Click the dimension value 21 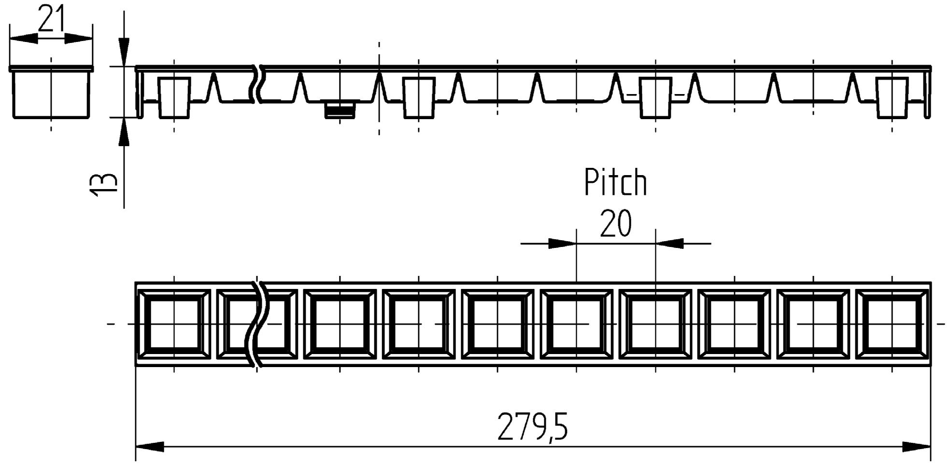click(x=51, y=19)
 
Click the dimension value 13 click(x=103, y=184)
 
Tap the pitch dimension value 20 click(x=615, y=223)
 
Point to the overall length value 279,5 click(x=532, y=427)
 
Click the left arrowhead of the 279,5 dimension click(x=150, y=447)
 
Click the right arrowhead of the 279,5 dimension click(x=916, y=447)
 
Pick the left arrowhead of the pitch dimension click(x=563, y=244)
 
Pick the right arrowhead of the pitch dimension click(x=669, y=244)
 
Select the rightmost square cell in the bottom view click(x=892, y=324)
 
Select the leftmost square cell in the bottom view click(x=174, y=324)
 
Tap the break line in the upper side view click(x=256, y=84)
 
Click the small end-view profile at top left click(x=51, y=93)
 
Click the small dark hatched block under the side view click(x=340, y=110)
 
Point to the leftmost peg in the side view click(x=174, y=97)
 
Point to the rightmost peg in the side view click(x=892, y=97)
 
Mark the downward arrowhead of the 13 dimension click(x=124, y=53)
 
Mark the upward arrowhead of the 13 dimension click(x=124, y=131)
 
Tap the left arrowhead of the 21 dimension click(x=23, y=39)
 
